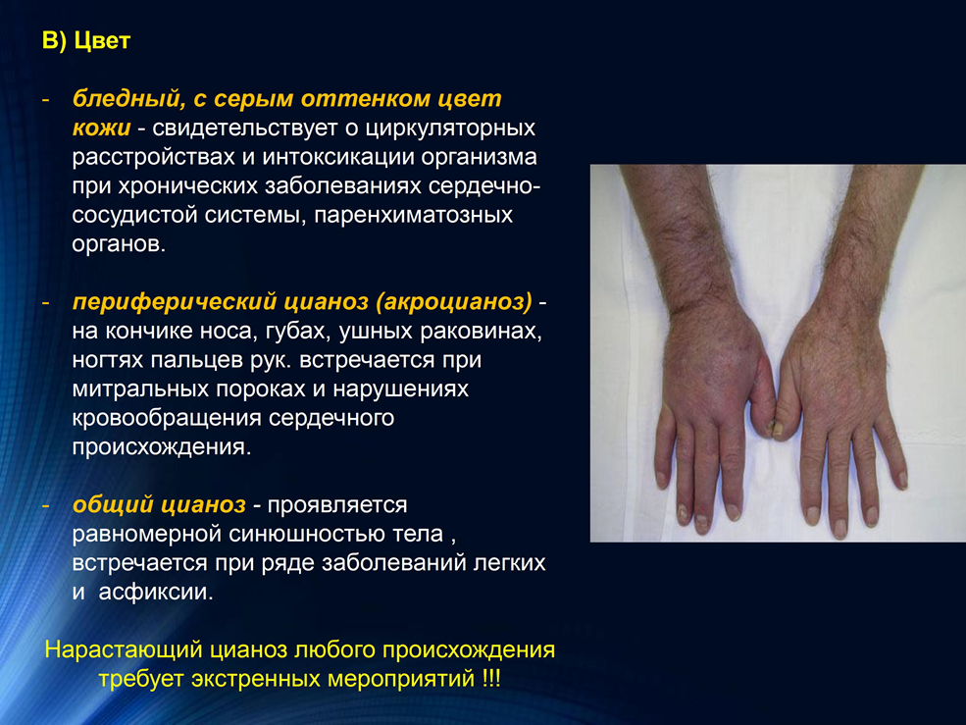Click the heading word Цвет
coord(102,40)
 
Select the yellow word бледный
coord(126,99)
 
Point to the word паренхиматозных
coord(414,215)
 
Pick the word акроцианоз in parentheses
coord(453,302)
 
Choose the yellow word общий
coord(112,505)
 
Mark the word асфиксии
coord(155,593)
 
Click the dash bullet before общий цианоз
coord(45,505)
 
